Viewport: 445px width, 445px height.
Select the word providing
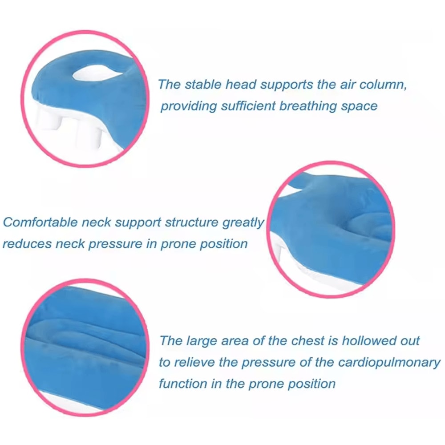(186, 106)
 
